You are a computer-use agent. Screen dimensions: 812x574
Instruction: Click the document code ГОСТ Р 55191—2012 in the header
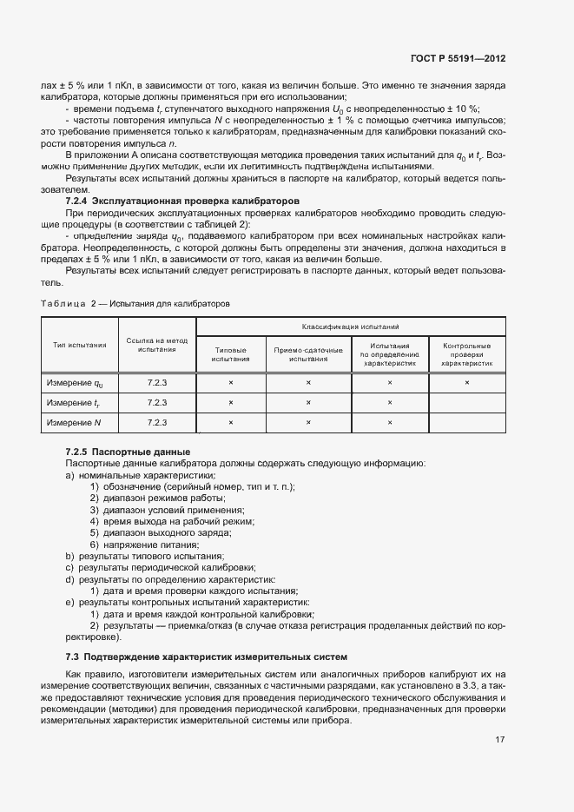tap(458, 58)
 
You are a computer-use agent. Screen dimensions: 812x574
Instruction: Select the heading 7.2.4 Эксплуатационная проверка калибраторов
tap(183, 201)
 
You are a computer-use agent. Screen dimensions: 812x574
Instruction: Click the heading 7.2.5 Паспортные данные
tap(128, 452)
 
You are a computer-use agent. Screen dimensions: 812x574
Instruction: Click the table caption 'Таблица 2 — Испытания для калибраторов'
tap(135, 304)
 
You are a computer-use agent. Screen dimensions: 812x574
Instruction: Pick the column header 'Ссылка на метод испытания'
tap(156, 345)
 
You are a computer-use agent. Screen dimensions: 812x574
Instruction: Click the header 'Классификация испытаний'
tap(350, 327)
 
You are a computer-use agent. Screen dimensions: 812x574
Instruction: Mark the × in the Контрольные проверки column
tap(467, 382)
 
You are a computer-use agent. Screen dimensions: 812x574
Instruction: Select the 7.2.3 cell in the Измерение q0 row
tap(156, 382)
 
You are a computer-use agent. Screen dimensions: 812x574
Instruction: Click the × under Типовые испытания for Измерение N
tap(230, 422)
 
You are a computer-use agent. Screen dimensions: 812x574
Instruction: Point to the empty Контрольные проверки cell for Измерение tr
tap(467, 402)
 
